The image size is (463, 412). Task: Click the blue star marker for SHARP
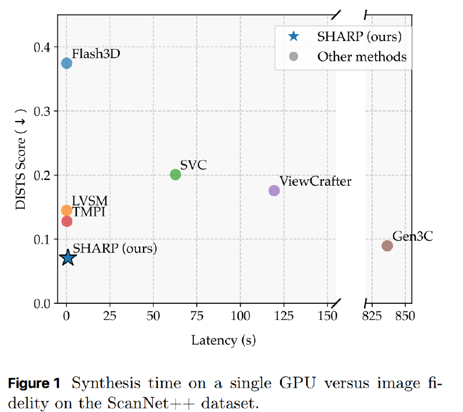pos(68,257)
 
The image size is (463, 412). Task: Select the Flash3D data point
pos(67,63)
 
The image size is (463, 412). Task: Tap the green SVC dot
pos(175,174)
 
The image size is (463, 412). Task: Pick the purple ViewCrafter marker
pos(274,190)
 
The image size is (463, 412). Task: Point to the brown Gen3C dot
pos(387,245)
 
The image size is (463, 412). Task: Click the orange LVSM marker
pos(67,210)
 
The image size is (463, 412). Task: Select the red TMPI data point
pos(67,221)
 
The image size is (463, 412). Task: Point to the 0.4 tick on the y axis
pos(42,46)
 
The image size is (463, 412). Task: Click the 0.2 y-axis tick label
pos(42,175)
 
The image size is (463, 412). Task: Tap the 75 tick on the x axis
pos(196,317)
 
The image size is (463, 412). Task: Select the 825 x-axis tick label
pos(371,317)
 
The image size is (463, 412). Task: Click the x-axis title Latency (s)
pos(223,340)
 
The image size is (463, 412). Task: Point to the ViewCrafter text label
pos(315,181)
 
